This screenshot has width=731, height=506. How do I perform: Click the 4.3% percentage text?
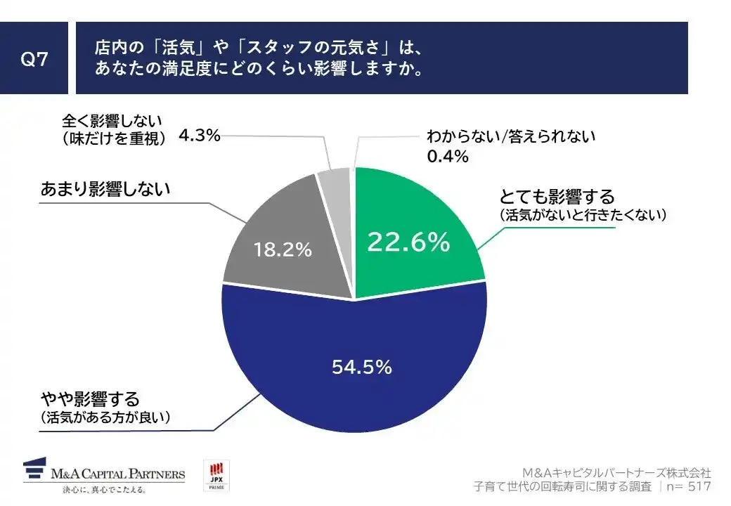pos(200,136)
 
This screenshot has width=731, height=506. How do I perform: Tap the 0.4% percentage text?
pos(448,157)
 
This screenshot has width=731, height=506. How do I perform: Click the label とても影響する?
pos(557,196)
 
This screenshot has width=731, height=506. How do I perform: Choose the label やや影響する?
pos(91,401)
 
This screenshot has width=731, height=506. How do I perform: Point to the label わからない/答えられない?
pos(511,136)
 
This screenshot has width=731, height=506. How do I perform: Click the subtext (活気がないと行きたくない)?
pos(582,215)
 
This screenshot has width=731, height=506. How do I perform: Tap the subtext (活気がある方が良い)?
pos(106,419)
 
